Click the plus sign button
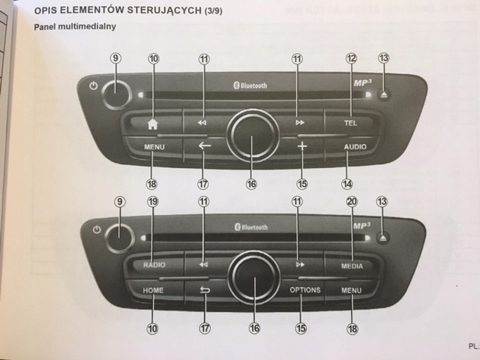click(x=302, y=146)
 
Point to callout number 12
click(x=351, y=58)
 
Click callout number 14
click(x=347, y=183)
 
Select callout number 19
click(x=152, y=202)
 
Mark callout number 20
click(x=352, y=202)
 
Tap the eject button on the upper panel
click(x=383, y=95)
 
